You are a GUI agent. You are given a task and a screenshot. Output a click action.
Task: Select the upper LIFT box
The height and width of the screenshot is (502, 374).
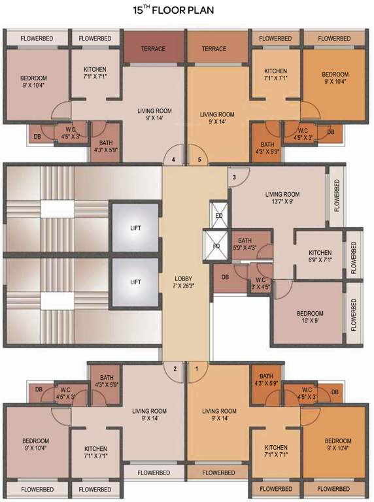pos(135,227)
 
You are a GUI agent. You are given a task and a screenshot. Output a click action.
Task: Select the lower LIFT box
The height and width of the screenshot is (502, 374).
pos(135,282)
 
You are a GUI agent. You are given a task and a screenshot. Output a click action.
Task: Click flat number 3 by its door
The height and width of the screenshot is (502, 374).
pos(233,177)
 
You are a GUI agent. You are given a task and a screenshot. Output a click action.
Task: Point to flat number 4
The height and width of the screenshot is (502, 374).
pos(173,159)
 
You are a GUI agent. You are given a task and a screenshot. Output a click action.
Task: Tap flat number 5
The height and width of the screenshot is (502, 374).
pos(199,159)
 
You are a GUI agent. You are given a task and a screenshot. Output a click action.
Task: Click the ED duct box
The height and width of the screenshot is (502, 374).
pos(218,215)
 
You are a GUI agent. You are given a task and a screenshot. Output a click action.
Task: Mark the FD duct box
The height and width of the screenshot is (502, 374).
pos(216,246)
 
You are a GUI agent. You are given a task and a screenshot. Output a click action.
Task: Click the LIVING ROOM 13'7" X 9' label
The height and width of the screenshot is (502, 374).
pos(282,198)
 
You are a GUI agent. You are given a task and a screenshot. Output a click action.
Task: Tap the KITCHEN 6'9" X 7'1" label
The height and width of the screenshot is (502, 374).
pos(320,256)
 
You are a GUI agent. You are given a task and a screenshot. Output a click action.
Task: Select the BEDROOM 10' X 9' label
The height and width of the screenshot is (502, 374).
pos(310,317)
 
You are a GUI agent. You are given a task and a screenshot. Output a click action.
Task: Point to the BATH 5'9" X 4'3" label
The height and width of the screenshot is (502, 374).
pos(245,244)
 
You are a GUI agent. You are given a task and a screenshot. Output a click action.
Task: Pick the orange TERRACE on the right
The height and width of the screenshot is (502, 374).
pos(214,48)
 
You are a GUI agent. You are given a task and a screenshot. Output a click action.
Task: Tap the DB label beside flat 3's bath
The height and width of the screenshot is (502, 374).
pos(225,277)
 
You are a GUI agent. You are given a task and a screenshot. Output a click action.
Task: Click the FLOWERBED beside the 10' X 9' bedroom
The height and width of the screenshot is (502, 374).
pos(354,315)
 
